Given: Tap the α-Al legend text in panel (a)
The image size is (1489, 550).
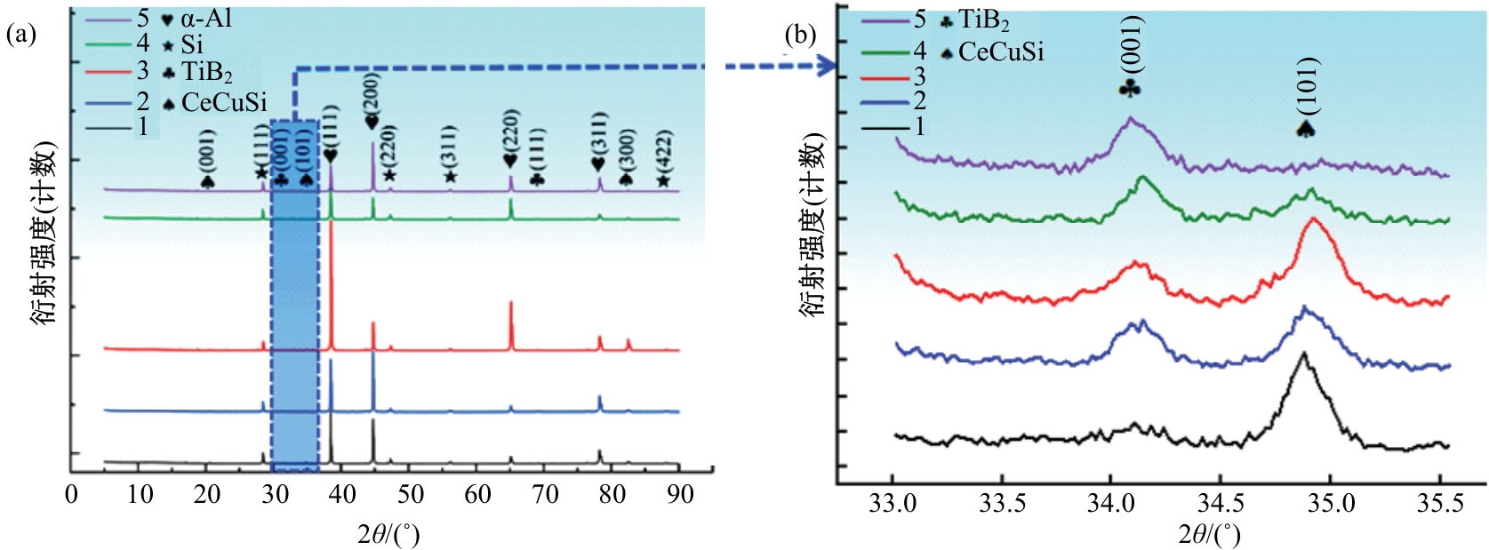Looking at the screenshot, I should pyautogui.click(x=207, y=18).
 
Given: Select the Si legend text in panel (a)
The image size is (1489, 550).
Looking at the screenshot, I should pyautogui.click(x=192, y=44).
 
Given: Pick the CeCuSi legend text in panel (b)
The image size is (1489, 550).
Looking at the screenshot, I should pyautogui.click(x=1001, y=52).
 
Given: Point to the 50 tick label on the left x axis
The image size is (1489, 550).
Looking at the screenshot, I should pyautogui.click(x=410, y=494).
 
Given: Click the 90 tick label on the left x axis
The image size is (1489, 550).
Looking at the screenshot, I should pyautogui.click(x=680, y=494).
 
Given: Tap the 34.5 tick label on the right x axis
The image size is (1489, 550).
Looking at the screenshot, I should pyautogui.click(x=1221, y=504).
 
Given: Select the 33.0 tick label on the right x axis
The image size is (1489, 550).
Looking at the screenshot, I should pyautogui.click(x=893, y=504).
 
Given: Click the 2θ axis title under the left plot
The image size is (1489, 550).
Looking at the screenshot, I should pyautogui.click(x=388, y=534).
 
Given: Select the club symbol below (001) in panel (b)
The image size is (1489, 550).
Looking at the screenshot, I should pyautogui.click(x=1130, y=88).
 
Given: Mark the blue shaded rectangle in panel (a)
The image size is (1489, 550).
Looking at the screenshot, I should pyautogui.click(x=294, y=293).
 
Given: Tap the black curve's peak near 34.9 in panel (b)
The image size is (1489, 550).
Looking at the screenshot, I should pyautogui.click(x=1304, y=355).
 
